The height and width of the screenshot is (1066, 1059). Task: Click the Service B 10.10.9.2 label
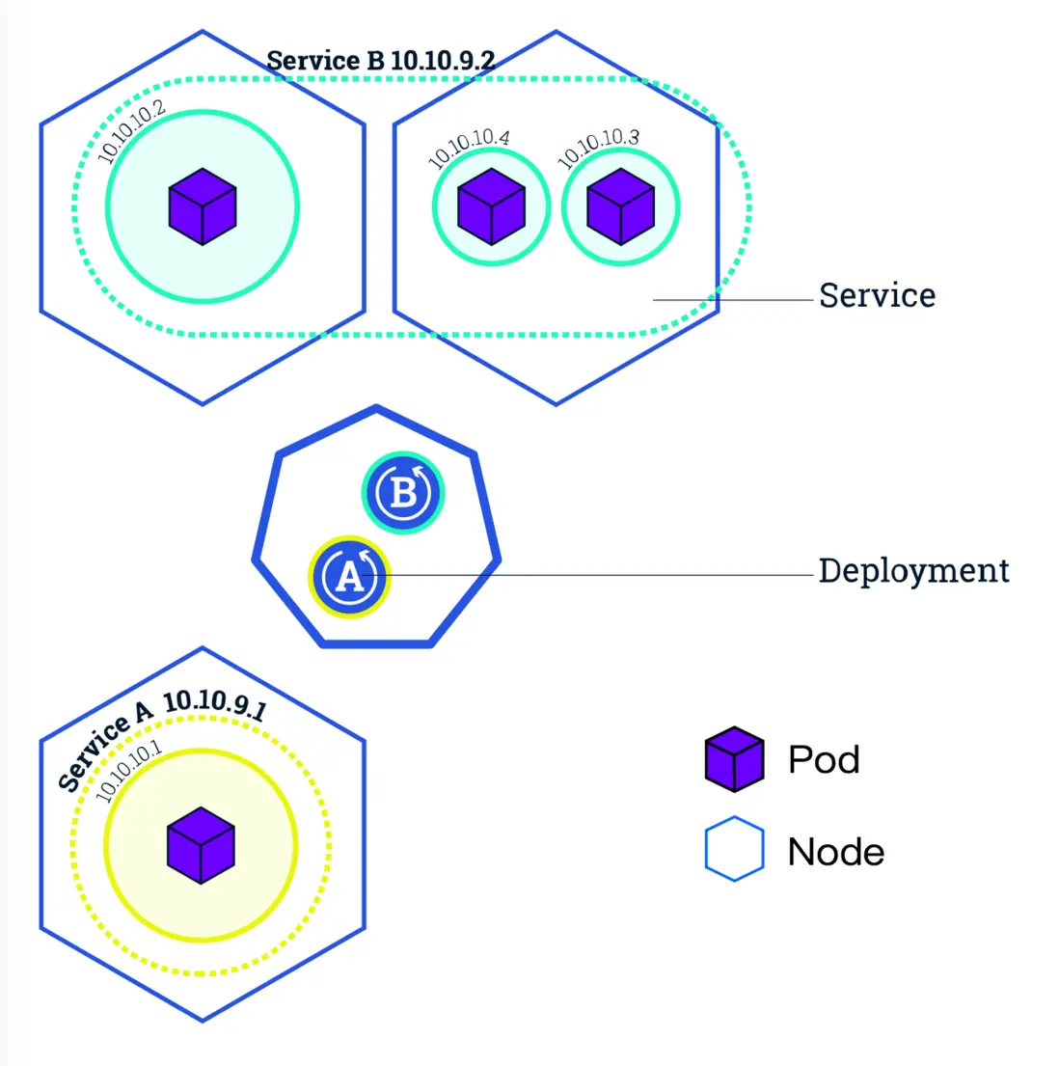point(381,60)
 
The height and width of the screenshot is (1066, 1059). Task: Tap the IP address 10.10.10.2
point(132,131)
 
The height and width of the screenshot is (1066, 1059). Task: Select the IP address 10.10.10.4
point(469,147)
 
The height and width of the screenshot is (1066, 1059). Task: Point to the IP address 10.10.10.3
point(599,147)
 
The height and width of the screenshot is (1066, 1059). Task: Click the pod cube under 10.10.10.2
point(203,206)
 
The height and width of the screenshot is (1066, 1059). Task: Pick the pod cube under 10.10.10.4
point(491,206)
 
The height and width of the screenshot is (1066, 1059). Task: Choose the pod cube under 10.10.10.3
point(621,206)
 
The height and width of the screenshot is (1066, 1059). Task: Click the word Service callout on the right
point(877,295)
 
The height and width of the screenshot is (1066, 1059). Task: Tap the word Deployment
point(913,571)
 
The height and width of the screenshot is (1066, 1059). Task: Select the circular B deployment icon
point(403,493)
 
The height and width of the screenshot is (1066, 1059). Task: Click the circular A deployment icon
point(349,577)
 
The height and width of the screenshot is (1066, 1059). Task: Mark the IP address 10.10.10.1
point(129,772)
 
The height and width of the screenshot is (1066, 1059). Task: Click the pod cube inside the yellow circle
point(201,846)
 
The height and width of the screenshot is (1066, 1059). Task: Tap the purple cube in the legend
point(734,759)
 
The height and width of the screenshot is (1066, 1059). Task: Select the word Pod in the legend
point(824,760)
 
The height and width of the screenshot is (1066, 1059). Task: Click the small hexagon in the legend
point(734,850)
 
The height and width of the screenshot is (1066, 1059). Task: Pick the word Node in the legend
point(835,853)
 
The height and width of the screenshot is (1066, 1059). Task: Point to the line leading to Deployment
point(598,575)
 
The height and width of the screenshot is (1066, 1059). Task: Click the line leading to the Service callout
point(733,300)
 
